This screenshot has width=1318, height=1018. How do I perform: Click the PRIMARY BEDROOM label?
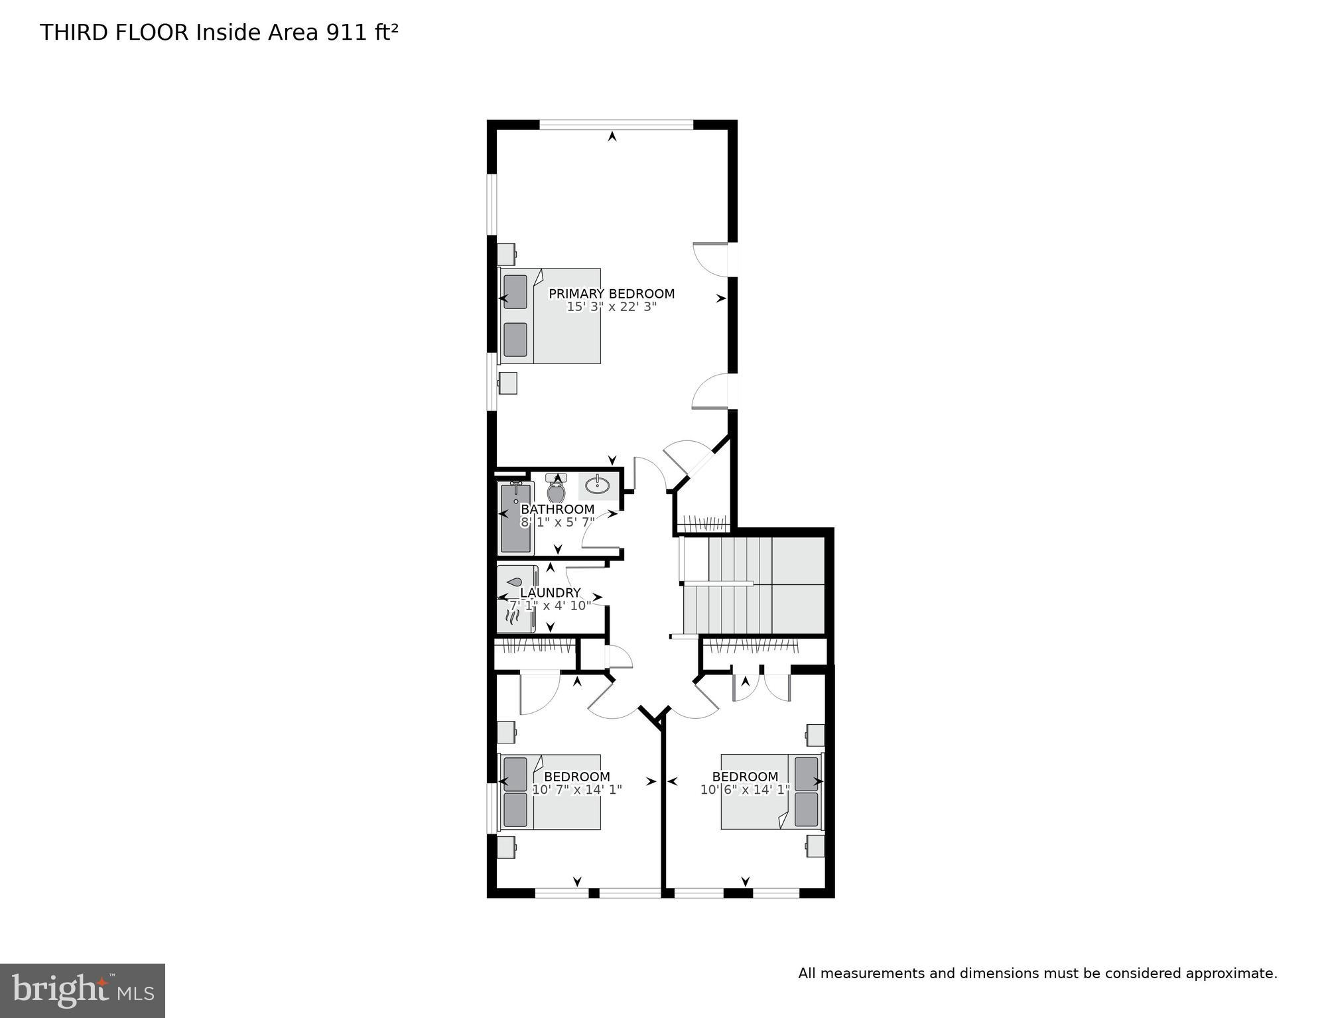coord(611,294)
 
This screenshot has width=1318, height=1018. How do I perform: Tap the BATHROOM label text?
coord(557,509)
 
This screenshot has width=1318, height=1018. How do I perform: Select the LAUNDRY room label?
coord(550,593)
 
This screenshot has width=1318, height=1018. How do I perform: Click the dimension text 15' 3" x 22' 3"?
coord(611,307)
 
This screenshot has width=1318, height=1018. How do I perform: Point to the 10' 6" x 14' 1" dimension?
coord(745,790)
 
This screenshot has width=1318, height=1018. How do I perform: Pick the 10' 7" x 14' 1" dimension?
coord(576,790)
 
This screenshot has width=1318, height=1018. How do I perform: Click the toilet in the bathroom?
coord(556,491)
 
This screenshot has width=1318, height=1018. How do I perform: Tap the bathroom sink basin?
coord(598,485)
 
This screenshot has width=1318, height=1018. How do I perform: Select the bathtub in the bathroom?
coord(516,518)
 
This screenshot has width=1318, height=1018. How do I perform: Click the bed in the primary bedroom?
coord(550,316)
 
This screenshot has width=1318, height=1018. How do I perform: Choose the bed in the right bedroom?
coord(771,791)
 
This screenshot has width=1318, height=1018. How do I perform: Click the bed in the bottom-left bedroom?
coord(550,791)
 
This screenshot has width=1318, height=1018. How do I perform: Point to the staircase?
coord(753,585)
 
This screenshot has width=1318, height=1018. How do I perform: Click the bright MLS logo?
coord(82,990)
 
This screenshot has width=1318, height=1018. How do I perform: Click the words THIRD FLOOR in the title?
coord(114,32)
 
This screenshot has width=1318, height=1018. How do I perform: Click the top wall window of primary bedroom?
coord(616,124)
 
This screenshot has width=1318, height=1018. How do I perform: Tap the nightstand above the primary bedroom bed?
coord(507,254)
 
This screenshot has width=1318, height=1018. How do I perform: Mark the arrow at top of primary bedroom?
coord(612,137)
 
